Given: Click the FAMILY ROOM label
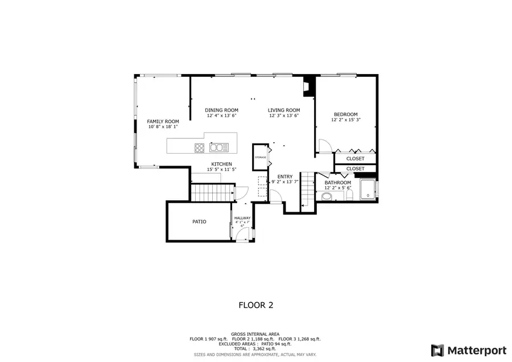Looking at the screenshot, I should pyautogui.click(x=163, y=121).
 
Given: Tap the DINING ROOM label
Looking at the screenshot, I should pyautogui.click(x=221, y=110).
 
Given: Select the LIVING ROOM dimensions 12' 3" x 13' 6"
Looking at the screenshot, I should pyautogui.click(x=284, y=116).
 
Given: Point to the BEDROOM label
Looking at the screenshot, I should pyautogui.click(x=345, y=114).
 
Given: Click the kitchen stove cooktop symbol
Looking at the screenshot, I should pyautogui.click(x=200, y=148).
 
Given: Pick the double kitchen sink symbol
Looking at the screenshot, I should pyautogui.click(x=219, y=148).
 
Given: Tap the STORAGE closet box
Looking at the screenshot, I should pyautogui.click(x=261, y=157).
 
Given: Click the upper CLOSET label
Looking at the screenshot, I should pyautogui.click(x=355, y=159).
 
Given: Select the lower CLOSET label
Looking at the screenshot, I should pyautogui.click(x=355, y=168).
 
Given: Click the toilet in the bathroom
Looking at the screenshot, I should pyautogui.click(x=350, y=195).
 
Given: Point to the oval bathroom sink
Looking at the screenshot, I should pyautogui.click(x=327, y=197).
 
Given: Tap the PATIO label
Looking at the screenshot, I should pyautogui.click(x=199, y=221).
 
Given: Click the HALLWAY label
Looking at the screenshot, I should pyautogui.click(x=242, y=218).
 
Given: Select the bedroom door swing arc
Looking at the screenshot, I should pyautogui.click(x=325, y=146).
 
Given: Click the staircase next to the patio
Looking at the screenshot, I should pyautogui.click(x=212, y=192).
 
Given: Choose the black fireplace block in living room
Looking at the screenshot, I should pyautogui.click(x=308, y=85).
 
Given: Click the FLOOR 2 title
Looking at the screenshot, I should pyautogui.click(x=255, y=305).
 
